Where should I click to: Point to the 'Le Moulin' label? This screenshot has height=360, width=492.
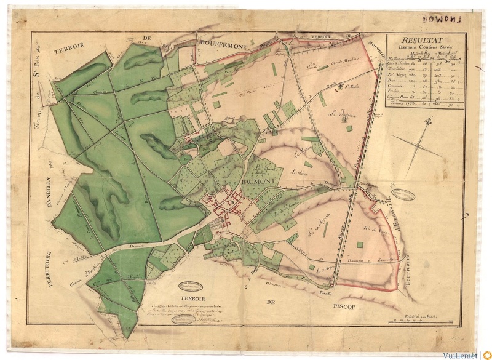352,87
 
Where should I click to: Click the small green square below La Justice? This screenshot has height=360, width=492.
349,128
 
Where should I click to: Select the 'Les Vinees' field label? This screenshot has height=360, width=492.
298,172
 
